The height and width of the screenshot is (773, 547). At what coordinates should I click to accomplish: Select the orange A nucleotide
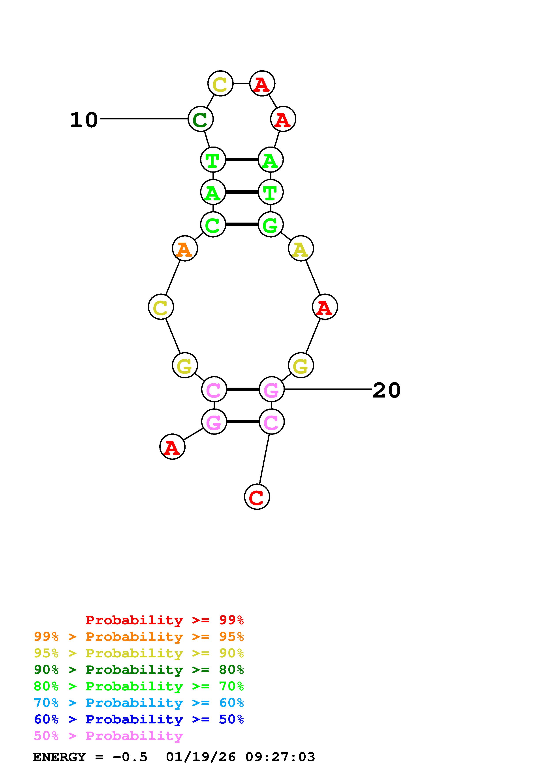185,249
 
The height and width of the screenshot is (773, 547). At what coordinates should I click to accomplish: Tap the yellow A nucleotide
301,249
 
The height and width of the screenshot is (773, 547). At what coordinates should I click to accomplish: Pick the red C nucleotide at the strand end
257,497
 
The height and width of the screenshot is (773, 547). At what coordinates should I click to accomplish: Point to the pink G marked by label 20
272,390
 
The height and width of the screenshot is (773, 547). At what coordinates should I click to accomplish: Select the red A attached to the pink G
172,447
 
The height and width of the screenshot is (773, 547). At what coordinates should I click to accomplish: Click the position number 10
84,120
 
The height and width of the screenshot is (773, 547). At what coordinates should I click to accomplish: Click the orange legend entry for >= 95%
139,637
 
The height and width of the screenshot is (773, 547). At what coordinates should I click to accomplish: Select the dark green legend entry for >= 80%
139,670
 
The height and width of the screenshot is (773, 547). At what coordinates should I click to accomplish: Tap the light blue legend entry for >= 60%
139,703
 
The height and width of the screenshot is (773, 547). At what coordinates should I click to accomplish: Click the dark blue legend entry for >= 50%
139,719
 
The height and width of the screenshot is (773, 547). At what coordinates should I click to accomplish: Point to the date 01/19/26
201,757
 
